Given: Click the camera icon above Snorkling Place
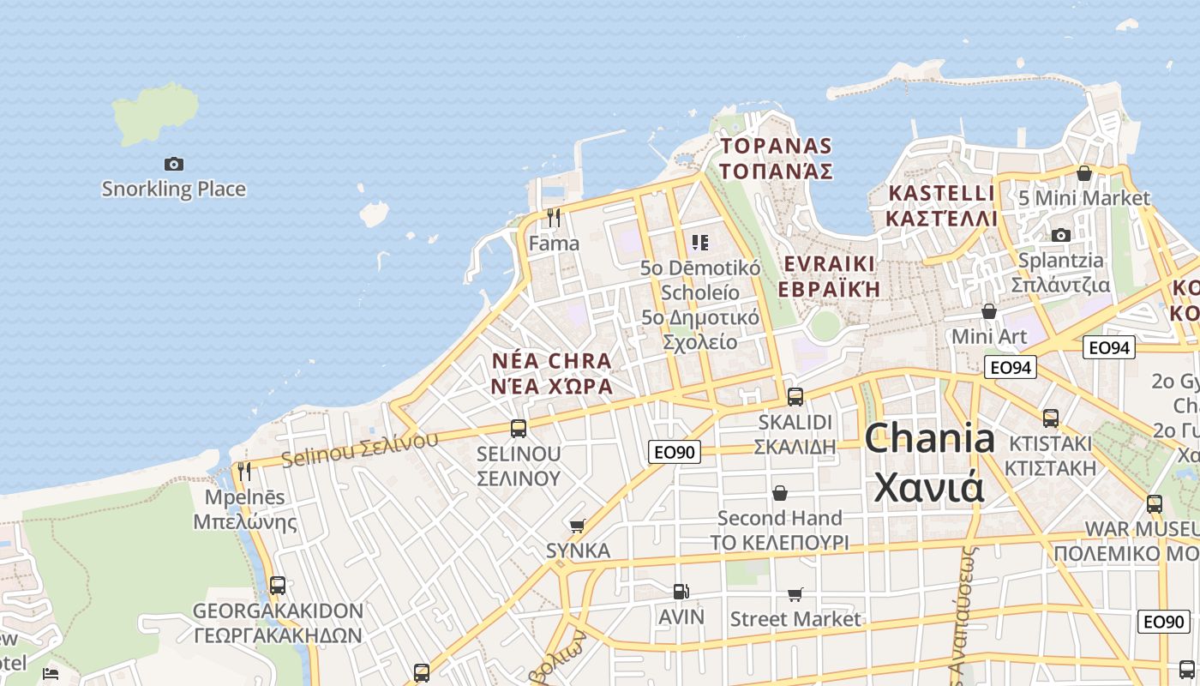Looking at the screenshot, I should [173, 164].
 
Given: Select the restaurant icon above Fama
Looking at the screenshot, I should [554, 218].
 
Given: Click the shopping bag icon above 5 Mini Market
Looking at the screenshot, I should [1083, 173].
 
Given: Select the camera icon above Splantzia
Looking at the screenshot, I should [1060, 235].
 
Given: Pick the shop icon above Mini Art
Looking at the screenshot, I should [989, 311].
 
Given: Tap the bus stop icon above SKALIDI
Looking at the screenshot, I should [795, 396].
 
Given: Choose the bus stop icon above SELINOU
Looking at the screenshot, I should [518, 428].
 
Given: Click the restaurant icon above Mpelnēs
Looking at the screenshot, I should [244, 471].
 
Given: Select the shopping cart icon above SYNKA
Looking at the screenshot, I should [578, 525].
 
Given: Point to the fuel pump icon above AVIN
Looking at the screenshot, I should [681, 591].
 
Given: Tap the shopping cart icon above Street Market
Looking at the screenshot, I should [795, 594].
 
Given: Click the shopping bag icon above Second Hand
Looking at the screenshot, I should [779, 493].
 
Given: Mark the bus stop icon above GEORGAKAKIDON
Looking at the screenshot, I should [277, 586].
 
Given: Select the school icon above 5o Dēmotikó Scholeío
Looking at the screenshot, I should [700, 243].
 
